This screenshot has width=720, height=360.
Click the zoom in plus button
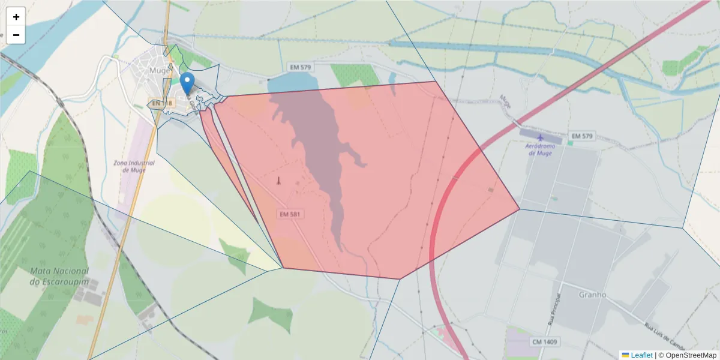tap(16, 17)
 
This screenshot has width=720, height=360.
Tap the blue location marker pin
tap(187, 83)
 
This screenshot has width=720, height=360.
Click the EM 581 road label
tap(290, 214)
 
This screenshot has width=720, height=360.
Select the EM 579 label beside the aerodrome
tap(581, 136)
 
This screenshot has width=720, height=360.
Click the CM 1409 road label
tap(544, 341)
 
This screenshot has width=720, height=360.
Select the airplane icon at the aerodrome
tap(540, 137)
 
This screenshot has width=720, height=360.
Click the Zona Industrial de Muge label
tap(134, 166)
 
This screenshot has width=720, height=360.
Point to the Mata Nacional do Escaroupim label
tap(59, 276)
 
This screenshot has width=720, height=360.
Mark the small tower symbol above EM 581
tap(278, 180)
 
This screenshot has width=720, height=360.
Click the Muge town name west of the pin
tap(160, 70)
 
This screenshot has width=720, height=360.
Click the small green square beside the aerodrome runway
tap(569, 143)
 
